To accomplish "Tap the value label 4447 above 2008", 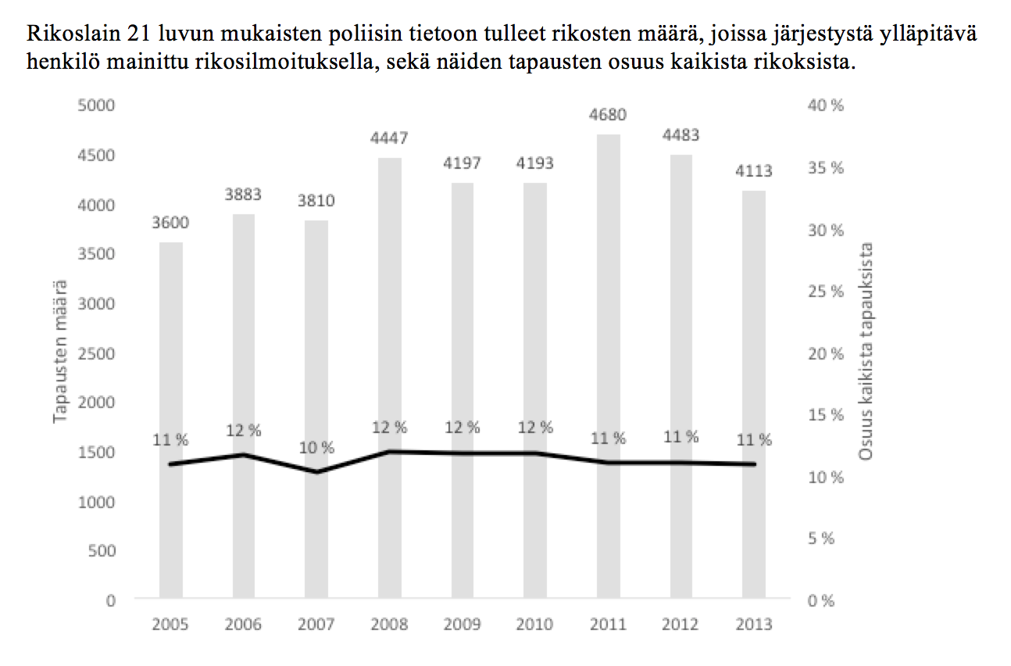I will click(389, 138).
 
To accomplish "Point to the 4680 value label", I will click(609, 116).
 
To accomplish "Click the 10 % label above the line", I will click(316, 448).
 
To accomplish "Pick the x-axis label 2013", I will click(754, 624).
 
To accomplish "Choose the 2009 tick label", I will click(462, 624).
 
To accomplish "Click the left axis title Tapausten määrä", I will click(60, 352).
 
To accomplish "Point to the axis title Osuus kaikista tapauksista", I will click(866, 352).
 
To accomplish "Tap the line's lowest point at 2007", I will click(316, 472).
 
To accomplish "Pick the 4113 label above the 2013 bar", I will click(754, 170).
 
